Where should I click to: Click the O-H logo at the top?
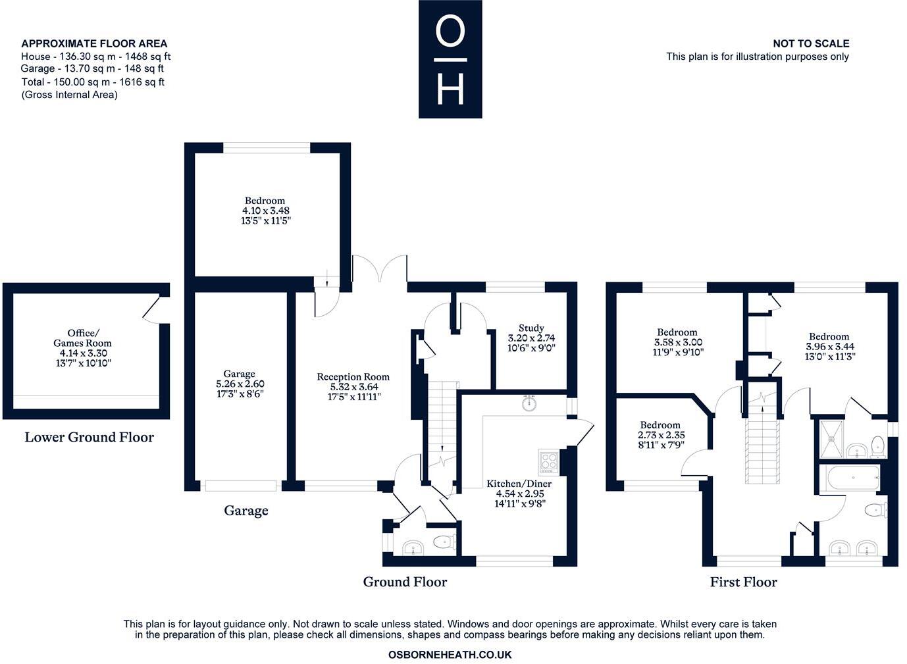[x=450, y=59]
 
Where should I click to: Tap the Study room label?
[x=531, y=328]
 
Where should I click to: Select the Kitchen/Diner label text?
[x=519, y=484]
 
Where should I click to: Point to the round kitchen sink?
[x=529, y=403]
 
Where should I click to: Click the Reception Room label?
[x=353, y=377]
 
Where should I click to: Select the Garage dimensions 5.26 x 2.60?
[x=240, y=384]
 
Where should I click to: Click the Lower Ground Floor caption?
[x=89, y=437]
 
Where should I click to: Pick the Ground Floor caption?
[x=405, y=582]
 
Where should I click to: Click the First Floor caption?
[x=743, y=582]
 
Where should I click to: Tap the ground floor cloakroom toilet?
[x=444, y=544]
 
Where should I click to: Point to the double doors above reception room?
[x=380, y=268]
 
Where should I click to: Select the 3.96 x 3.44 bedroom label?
[x=829, y=336]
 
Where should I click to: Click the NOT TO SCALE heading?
[x=810, y=43]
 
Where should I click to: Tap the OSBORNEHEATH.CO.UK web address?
[x=450, y=655]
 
